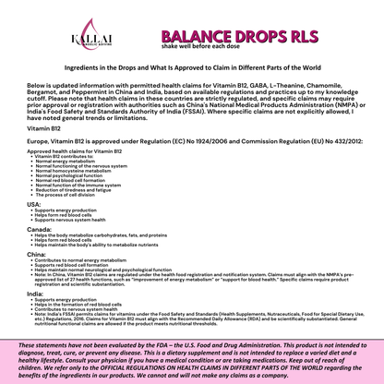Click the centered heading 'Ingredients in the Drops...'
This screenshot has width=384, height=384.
click(191, 67)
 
